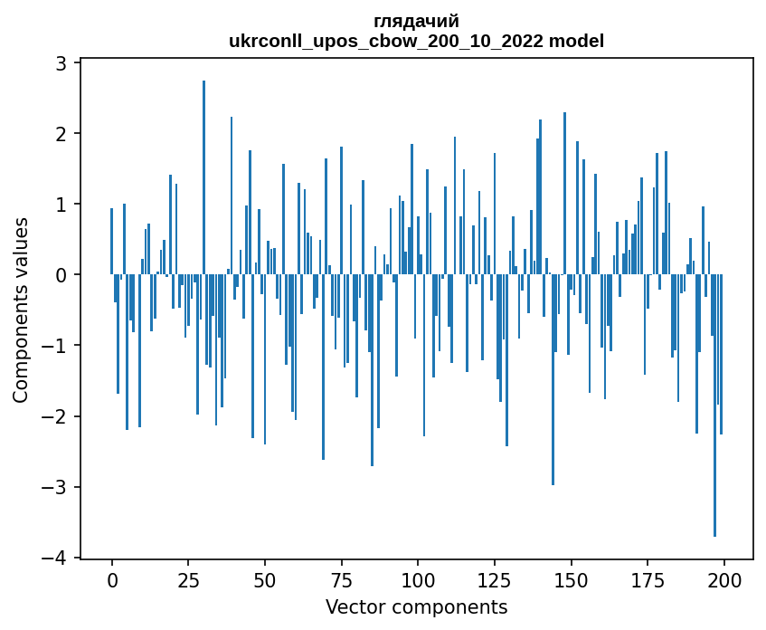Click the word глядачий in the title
416,22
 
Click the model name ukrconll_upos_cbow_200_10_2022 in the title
391,41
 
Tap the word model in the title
579,41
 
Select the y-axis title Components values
20,310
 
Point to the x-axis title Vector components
416,606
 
